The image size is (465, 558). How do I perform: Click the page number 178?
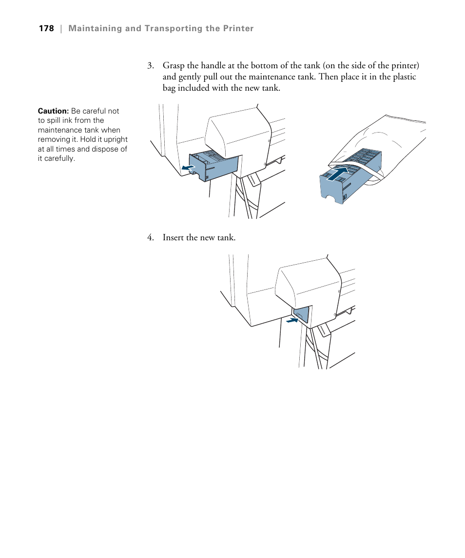coord(46,28)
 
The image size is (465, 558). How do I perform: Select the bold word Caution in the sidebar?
coord(53,111)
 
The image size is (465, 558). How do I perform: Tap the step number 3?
coord(151,66)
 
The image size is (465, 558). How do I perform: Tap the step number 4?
coord(151,238)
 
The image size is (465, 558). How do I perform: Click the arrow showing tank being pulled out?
coord(187,168)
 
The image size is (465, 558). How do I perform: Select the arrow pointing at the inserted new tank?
coord(292,320)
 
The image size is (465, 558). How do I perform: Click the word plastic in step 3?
coord(403,77)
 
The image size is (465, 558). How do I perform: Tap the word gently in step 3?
coord(190,77)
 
